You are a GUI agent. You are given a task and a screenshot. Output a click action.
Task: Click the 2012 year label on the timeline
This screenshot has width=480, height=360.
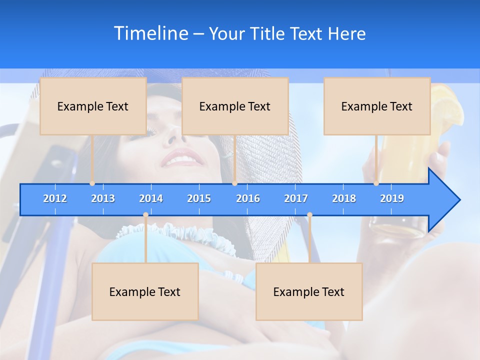coord(55,198)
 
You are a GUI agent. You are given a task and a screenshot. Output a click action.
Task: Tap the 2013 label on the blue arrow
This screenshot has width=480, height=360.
coord(103,198)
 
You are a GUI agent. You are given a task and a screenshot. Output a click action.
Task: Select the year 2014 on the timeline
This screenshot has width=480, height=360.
coord(151,198)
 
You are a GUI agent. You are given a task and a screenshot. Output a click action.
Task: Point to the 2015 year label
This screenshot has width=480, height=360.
coord(199,198)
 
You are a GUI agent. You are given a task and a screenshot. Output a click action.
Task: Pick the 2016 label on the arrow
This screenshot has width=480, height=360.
coord(248,198)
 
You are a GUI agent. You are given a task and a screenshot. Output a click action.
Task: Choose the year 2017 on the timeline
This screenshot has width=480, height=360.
coord(296,198)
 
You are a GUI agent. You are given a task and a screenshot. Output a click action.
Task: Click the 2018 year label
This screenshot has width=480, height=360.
coord(344,198)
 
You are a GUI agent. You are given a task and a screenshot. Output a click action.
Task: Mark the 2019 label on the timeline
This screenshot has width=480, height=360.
coord(392,198)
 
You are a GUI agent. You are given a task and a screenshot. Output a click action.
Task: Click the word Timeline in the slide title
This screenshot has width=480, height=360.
coord(150,33)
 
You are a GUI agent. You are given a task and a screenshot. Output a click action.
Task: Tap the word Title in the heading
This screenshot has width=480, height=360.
coord(267,34)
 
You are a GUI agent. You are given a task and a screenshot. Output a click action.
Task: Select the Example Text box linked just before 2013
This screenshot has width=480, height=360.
coord(93,106)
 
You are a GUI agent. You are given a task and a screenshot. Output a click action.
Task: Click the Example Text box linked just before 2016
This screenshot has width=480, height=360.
coord(235,106)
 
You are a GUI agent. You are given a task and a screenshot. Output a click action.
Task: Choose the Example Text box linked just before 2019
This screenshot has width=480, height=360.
coord(377,106)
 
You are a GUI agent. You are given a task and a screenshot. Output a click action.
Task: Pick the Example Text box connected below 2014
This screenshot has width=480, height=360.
coord(145,291)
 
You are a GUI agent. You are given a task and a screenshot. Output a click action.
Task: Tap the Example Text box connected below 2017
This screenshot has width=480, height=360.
coord(309,291)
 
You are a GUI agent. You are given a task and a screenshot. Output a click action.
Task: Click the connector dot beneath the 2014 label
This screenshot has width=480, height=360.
coord(145,215)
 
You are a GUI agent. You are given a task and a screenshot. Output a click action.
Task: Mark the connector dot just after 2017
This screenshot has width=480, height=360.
coord(309,215)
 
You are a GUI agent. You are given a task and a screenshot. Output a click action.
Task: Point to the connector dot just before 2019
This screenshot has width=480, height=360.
coord(376,183)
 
